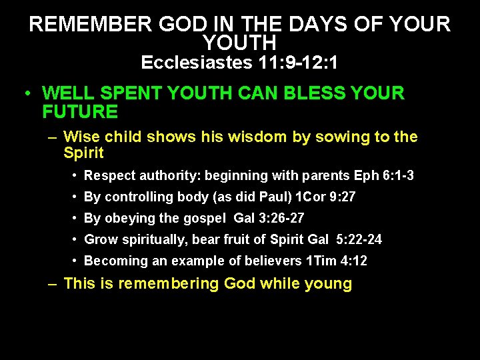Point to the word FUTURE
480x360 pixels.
pyautogui.click(x=79, y=111)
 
